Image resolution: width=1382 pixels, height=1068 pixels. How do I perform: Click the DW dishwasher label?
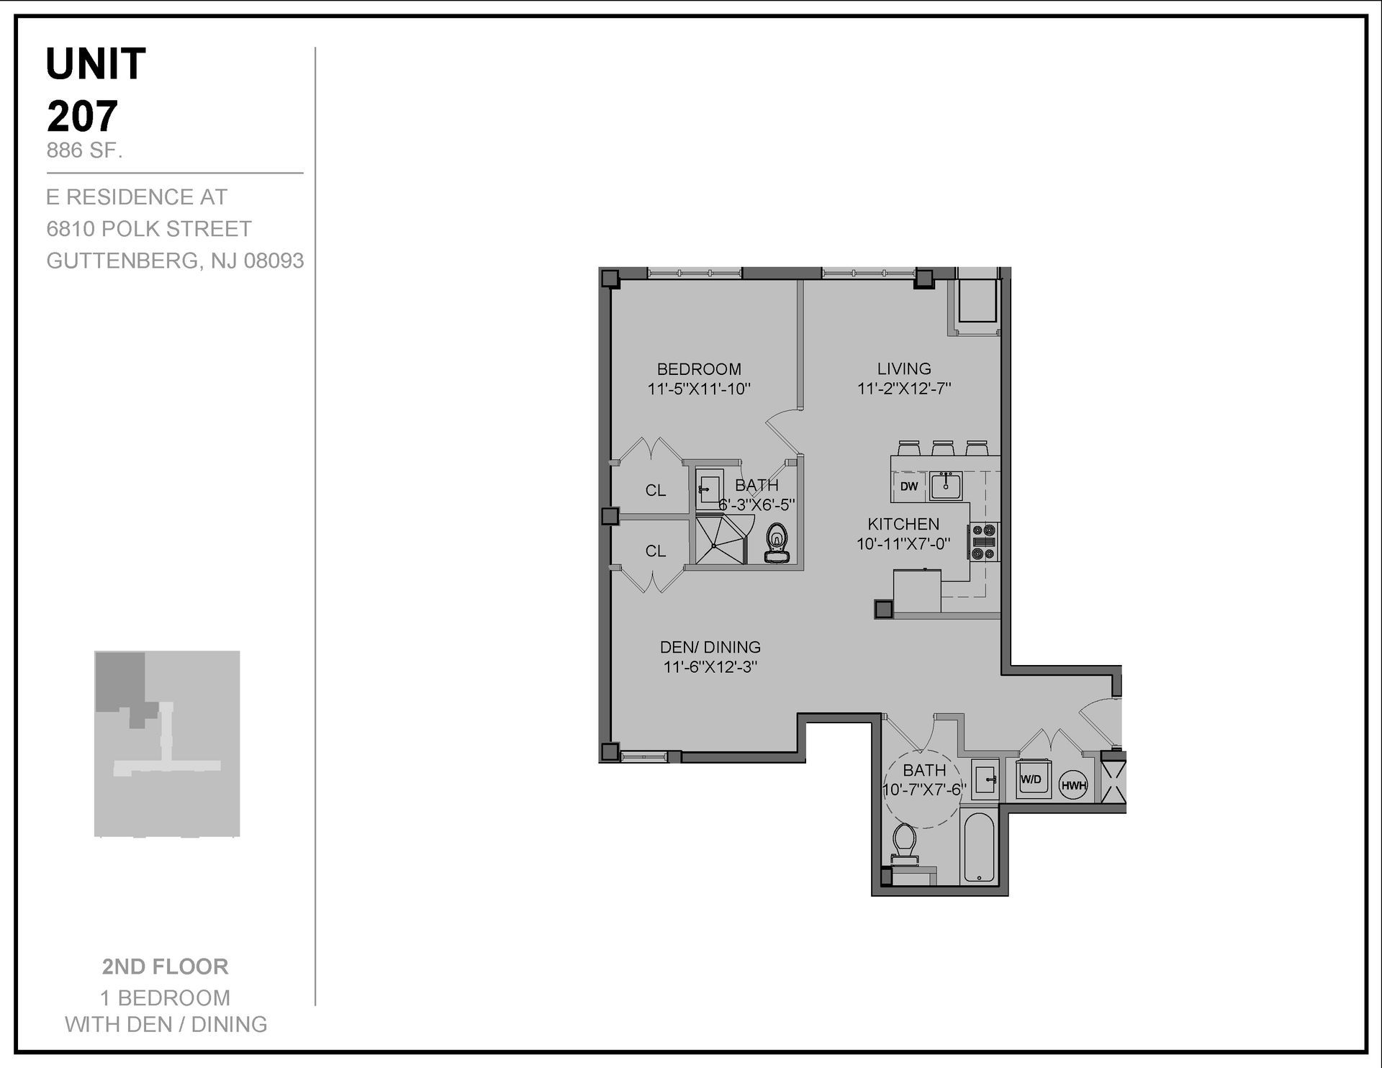(909, 487)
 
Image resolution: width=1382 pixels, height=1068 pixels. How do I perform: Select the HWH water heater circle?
(1073, 786)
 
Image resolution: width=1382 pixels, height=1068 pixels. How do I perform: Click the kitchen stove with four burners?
(984, 541)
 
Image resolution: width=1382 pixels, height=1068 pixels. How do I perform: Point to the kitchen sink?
(945, 486)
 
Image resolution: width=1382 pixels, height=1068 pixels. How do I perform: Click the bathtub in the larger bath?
(978, 848)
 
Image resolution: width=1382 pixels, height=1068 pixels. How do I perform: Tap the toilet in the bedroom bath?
(777, 542)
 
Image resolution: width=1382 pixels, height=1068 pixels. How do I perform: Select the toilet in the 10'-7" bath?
(903, 843)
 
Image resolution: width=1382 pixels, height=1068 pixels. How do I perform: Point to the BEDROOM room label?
(699, 369)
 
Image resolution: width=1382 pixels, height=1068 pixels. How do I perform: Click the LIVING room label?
(904, 368)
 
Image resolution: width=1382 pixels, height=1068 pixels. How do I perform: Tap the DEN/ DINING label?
(710, 647)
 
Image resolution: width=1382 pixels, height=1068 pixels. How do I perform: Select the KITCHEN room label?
(903, 524)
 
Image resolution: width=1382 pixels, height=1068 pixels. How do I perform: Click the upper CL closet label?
(655, 490)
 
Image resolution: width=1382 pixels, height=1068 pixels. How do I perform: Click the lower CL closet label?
(655, 551)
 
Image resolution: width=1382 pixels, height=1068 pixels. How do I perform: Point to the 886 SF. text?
(84, 150)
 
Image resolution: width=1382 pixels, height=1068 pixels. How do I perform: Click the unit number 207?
(82, 116)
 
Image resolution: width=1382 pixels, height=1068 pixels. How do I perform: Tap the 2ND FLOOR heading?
(165, 967)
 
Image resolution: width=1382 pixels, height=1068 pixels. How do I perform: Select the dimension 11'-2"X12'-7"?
(904, 389)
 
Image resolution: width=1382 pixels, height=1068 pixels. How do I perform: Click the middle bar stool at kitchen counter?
(943, 448)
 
